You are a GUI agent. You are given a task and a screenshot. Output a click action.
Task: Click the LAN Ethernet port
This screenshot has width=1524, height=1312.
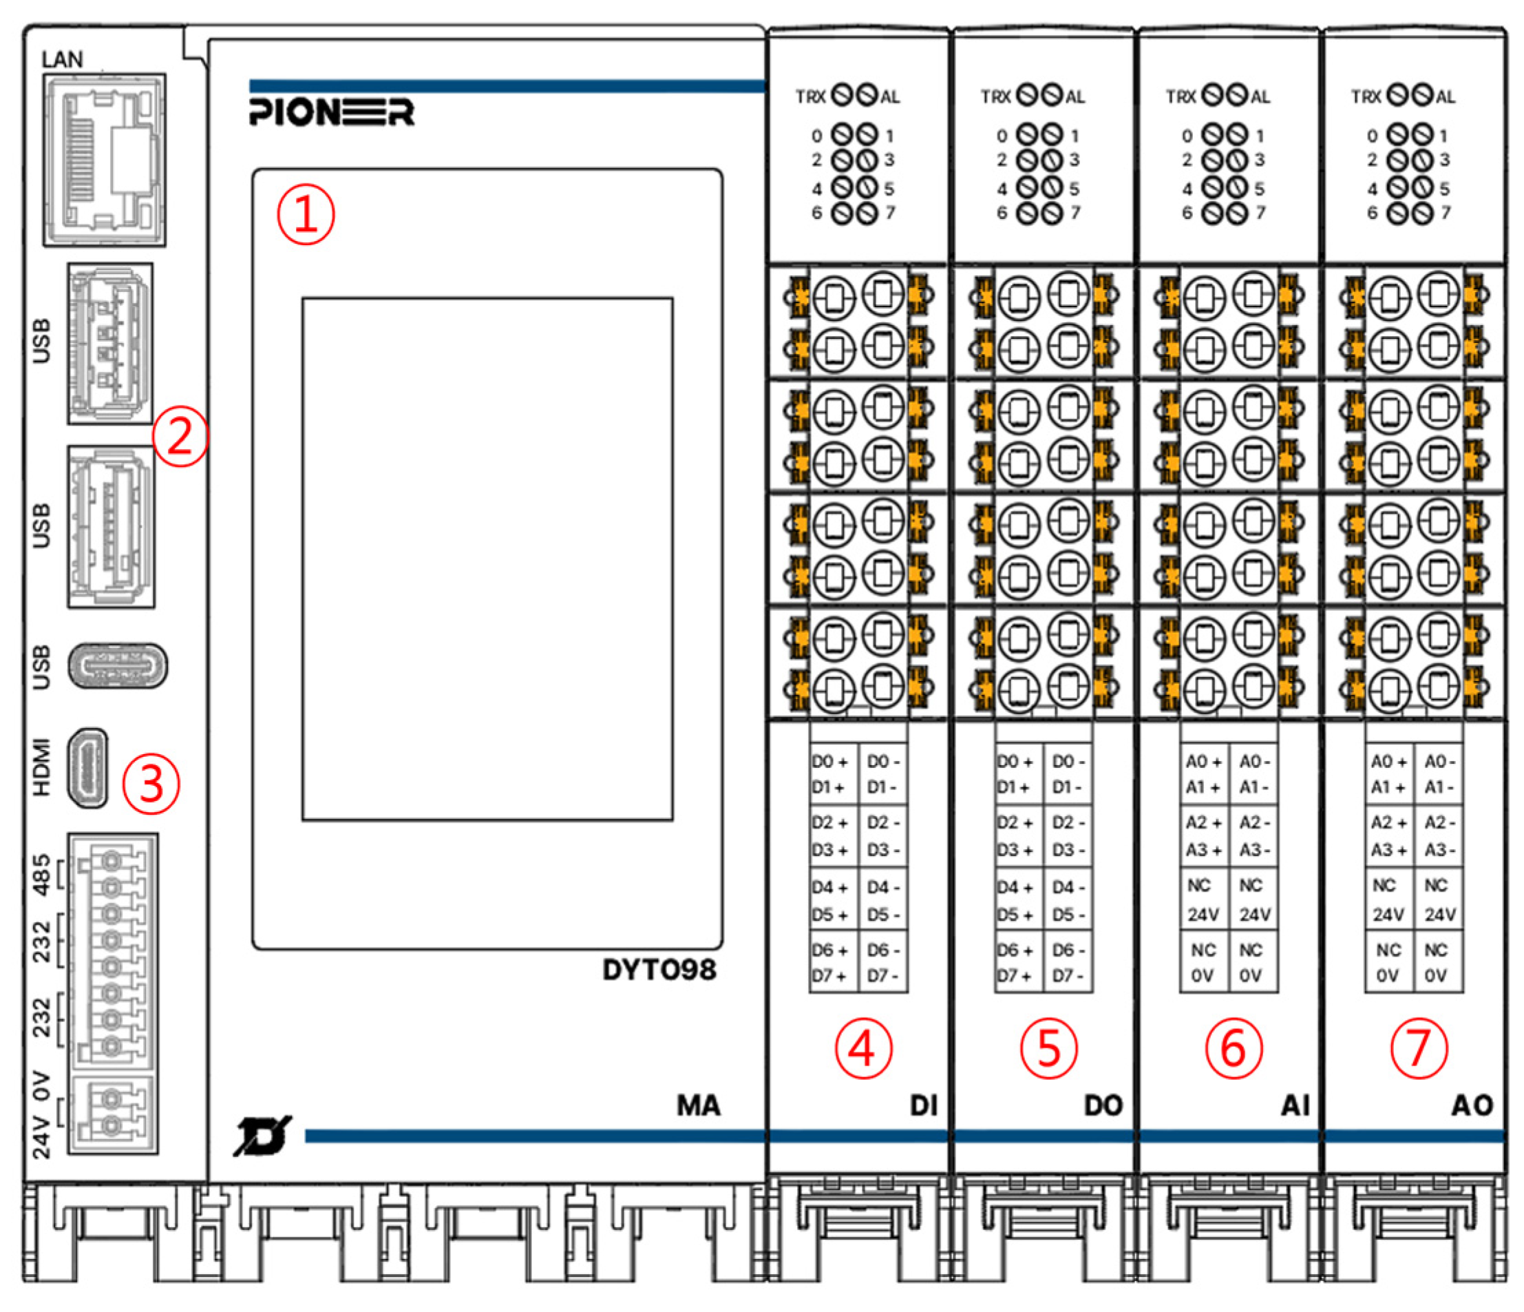click(105, 159)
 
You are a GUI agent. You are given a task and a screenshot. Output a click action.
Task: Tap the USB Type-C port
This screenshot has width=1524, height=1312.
click(117, 666)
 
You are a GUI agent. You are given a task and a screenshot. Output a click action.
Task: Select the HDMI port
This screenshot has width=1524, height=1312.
click(87, 767)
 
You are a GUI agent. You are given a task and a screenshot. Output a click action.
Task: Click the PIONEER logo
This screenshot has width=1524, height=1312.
click(332, 112)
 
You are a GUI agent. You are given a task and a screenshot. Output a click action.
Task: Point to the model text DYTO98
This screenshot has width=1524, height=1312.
click(659, 970)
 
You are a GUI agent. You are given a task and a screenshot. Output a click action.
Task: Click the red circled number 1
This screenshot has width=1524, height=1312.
click(305, 214)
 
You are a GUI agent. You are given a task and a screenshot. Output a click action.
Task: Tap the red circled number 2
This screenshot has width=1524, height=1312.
click(180, 437)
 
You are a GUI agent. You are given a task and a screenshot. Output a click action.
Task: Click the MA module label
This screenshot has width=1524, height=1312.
click(698, 1106)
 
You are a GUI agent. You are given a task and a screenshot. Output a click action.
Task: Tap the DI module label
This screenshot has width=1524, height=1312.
click(924, 1106)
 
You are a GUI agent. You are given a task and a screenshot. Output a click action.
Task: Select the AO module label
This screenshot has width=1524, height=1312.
click(1472, 1106)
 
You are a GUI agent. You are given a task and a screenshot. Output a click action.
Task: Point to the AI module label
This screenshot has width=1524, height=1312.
click(1295, 1106)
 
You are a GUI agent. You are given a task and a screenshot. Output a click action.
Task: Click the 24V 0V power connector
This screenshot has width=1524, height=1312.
click(112, 1112)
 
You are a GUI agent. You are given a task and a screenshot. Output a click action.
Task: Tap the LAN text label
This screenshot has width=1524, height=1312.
click(63, 59)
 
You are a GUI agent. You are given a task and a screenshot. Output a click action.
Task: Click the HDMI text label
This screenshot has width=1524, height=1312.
click(42, 767)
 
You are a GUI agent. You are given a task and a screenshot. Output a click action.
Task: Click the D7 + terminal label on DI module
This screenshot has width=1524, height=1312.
click(829, 977)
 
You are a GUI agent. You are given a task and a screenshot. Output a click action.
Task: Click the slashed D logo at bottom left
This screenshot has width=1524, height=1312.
click(261, 1137)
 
